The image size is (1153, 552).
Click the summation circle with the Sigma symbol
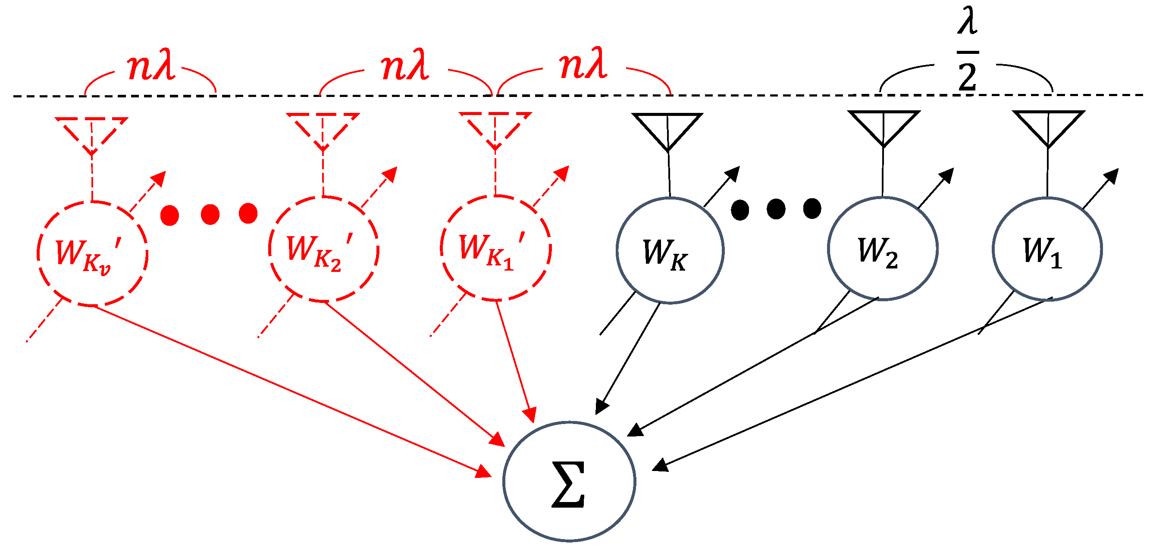[x=569, y=481]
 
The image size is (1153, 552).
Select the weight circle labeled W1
[x=1047, y=249]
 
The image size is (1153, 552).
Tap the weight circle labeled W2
[x=882, y=248]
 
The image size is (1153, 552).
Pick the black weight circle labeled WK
[x=670, y=250]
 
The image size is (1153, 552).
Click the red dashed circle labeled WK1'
[x=495, y=248]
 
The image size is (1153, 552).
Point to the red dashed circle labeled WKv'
[x=92, y=254]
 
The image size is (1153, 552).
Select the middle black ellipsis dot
[x=776, y=209]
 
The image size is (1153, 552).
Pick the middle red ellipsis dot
[x=210, y=214]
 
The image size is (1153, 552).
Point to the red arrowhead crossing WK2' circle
[x=390, y=175]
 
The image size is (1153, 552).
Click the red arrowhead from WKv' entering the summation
[x=483, y=471]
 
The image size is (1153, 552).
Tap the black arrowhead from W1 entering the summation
[x=660, y=465]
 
